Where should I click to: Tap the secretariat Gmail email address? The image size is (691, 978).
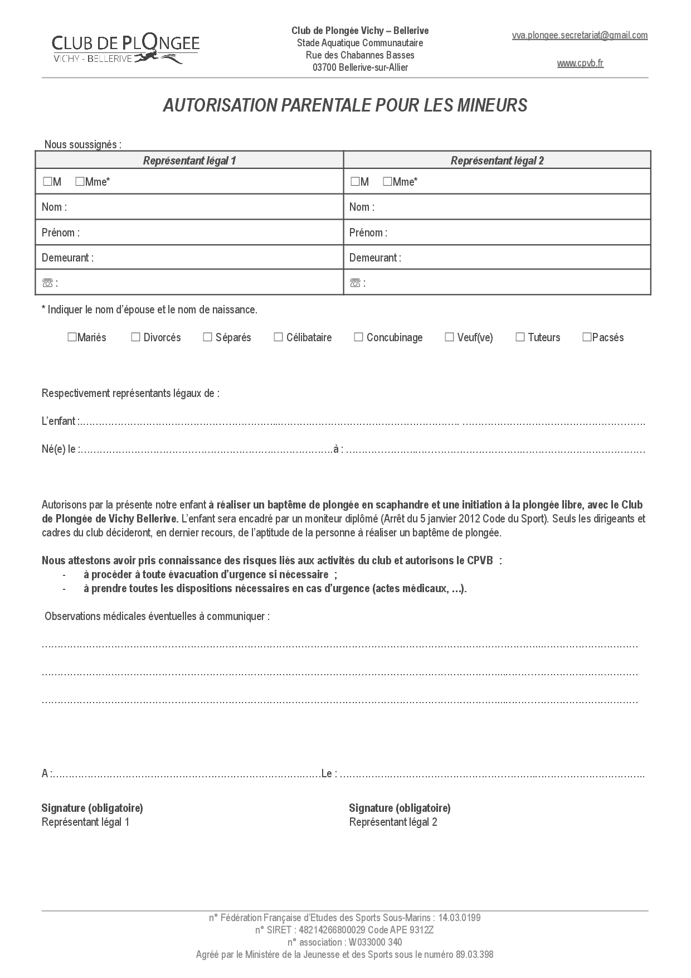pyautogui.click(x=580, y=36)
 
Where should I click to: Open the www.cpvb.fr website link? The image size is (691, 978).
pyautogui.click(x=580, y=64)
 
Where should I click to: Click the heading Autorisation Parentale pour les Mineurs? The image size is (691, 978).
pyautogui.click(x=345, y=105)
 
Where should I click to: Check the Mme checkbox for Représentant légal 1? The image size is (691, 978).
pyautogui.click(x=80, y=182)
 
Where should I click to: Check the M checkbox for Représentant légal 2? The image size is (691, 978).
pyautogui.click(x=355, y=182)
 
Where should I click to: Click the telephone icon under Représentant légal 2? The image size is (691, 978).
pyautogui.click(x=355, y=283)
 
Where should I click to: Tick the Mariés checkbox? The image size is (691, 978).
pyautogui.click(x=72, y=337)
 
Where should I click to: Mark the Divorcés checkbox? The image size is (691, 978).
pyautogui.click(x=135, y=337)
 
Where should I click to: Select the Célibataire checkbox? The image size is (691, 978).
pyautogui.click(x=278, y=337)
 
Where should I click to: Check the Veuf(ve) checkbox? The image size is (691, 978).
pyautogui.click(x=449, y=337)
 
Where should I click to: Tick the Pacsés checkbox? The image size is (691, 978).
pyautogui.click(x=587, y=337)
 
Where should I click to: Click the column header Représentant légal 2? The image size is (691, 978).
pyautogui.click(x=497, y=161)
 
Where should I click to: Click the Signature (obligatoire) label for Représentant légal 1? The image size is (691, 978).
pyautogui.click(x=92, y=808)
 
